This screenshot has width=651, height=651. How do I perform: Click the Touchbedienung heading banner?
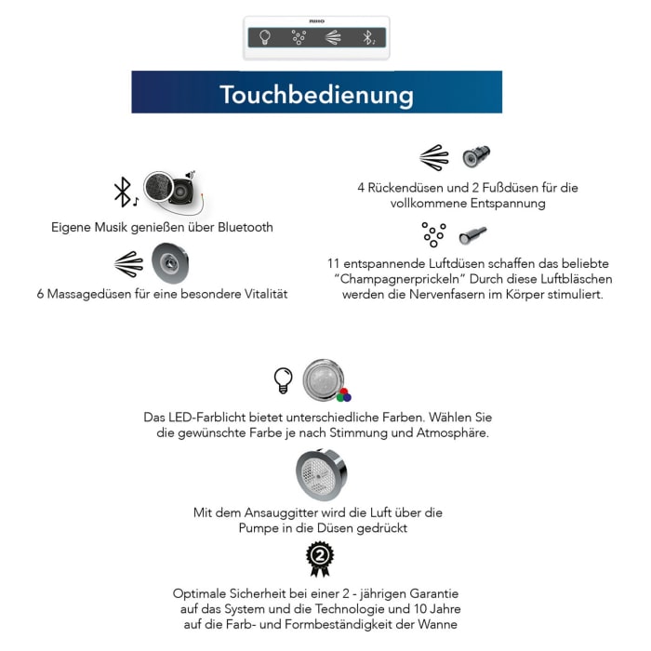[316, 93]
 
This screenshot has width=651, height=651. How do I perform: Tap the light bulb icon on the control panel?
[264, 37]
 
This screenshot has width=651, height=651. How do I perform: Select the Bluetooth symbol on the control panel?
[368, 37]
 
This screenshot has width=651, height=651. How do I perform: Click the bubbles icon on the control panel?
[299, 37]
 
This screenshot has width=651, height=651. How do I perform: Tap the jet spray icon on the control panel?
[333, 37]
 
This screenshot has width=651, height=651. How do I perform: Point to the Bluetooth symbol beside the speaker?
[122, 192]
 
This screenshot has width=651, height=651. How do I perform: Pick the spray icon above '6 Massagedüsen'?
[128, 264]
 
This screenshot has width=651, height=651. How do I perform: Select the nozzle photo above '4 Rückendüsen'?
[476, 156]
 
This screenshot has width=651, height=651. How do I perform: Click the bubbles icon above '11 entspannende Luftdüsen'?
[432, 233]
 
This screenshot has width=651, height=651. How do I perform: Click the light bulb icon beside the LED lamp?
[283, 379]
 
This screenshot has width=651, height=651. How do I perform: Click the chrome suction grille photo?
[320, 473]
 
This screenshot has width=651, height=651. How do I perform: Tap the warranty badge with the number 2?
[320, 558]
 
